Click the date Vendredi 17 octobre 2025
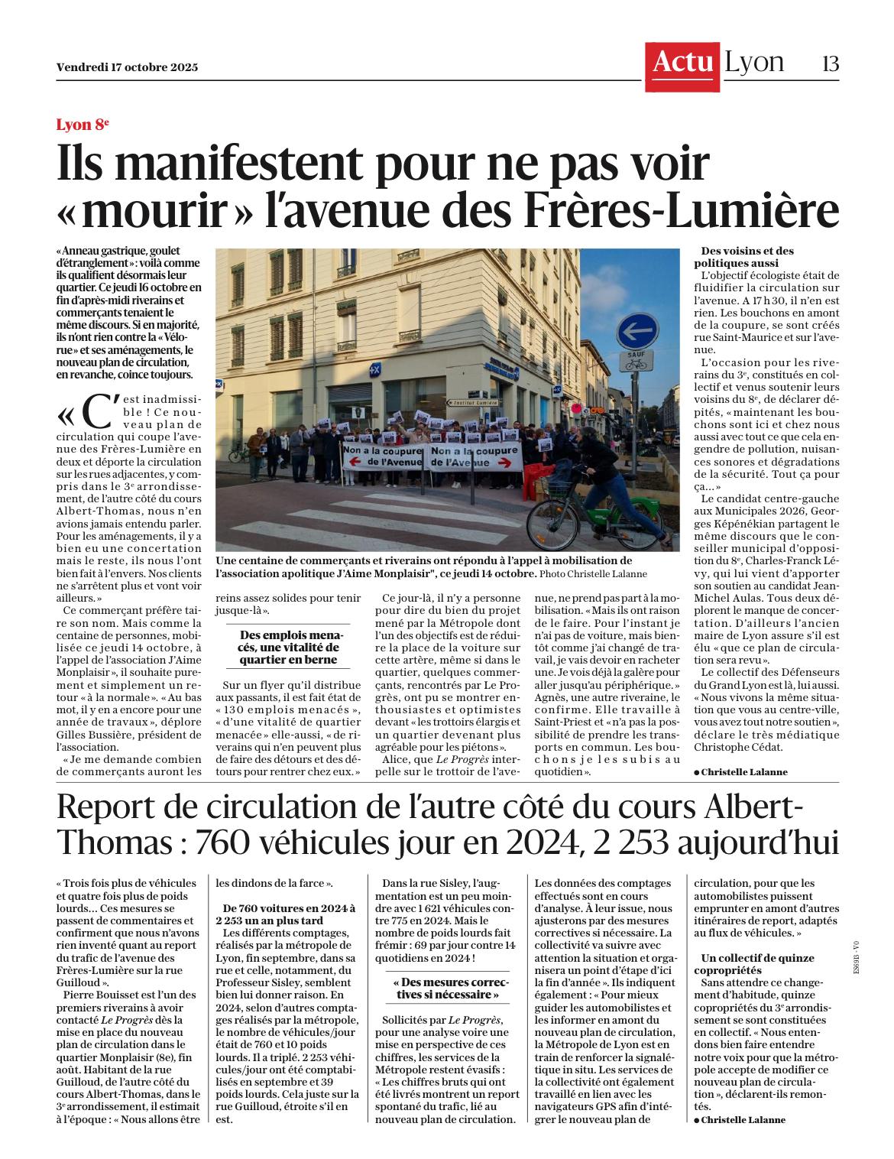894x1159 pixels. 127,67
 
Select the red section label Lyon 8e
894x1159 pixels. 83,125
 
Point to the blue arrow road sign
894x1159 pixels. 636,332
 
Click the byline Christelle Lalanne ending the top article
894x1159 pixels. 743,771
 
